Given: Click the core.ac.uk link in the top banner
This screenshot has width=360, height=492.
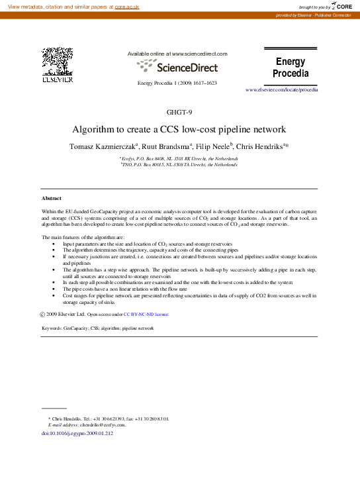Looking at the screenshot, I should [127, 6].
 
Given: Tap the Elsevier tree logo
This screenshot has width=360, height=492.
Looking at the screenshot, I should [58, 63].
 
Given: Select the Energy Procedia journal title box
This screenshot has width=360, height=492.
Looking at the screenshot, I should [291, 67].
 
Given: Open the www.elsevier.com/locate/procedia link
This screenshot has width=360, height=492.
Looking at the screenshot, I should [281, 89].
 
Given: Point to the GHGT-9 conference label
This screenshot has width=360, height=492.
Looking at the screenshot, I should [179, 111].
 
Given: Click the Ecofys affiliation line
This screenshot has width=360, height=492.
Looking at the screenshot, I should [179, 159].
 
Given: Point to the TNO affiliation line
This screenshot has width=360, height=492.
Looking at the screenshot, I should [179, 165].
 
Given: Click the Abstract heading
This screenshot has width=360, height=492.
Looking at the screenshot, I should [52, 198].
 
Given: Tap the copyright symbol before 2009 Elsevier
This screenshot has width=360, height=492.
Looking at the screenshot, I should [43, 315].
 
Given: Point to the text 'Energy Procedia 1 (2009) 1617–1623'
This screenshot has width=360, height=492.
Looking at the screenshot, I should [177, 83].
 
